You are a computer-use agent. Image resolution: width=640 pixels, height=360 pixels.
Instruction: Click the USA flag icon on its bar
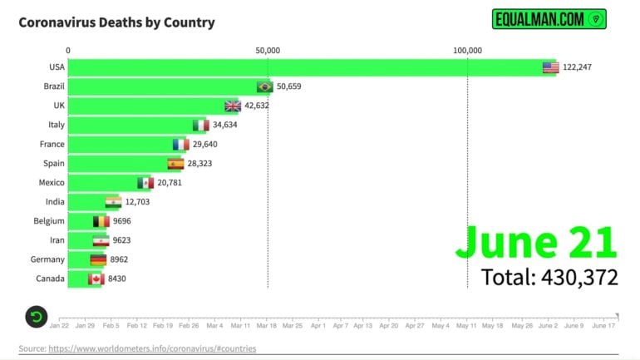(x=550, y=67)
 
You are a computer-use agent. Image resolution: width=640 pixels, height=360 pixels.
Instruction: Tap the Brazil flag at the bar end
(x=265, y=86)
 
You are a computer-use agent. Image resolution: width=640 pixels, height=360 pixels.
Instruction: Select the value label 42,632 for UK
(x=257, y=106)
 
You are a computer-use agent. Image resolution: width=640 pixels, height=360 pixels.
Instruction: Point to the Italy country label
(x=56, y=125)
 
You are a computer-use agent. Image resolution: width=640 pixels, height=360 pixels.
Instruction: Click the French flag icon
(x=180, y=144)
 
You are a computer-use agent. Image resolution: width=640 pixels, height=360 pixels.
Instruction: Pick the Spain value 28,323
(x=199, y=164)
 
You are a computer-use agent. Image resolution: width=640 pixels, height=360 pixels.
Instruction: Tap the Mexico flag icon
(x=145, y=183)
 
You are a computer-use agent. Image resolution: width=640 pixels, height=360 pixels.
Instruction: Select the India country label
(x=55, y=202)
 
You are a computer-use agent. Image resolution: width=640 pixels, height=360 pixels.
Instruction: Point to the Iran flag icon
(x=101, y=240)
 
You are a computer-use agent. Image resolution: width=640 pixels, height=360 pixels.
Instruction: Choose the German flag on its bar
(x=98, y=259)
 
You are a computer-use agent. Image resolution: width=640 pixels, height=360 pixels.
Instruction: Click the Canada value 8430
(x=117, y=279)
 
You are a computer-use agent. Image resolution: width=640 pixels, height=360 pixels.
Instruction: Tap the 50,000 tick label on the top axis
(x=268, y=51)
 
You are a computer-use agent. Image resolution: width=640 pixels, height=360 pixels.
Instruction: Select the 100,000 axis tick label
(x=467, y=51)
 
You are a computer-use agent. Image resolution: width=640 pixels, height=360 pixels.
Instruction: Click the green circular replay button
(x=36, y=316)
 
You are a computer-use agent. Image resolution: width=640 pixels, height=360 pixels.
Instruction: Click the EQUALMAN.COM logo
(x=549, y=19)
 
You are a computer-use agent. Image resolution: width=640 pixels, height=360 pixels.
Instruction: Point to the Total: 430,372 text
(x=549, y=276)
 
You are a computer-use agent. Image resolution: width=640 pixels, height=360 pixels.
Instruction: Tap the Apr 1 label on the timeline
(x=318, y=326)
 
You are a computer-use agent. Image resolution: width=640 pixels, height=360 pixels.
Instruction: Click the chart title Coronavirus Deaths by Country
(x=116, y=22)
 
